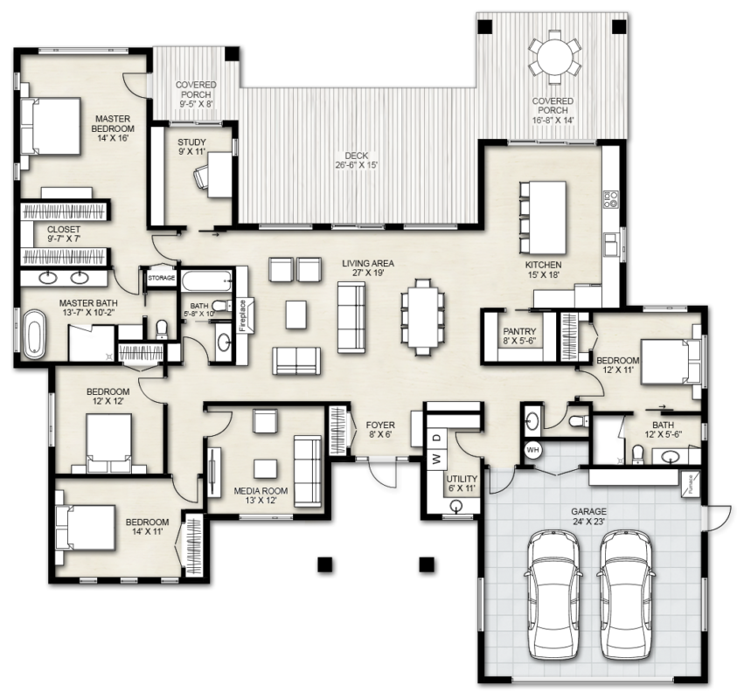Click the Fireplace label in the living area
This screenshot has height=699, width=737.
coord(243,315)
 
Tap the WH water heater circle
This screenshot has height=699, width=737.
coord(532,450)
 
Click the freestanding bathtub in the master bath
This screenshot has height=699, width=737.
coord(34,334)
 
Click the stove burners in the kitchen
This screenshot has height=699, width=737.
coord(611,199)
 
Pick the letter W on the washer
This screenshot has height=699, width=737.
coord(437,459)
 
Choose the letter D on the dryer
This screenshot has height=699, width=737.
coord(437,438)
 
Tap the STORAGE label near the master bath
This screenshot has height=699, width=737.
coord(161,278)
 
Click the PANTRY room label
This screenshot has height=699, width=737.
coord(519,331)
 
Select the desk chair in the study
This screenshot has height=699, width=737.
coord(202,176)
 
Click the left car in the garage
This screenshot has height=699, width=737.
coord(553,594)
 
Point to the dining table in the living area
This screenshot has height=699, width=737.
coord(421,316)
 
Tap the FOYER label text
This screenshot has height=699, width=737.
coord(380,426)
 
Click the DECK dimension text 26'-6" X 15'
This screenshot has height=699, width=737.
coord(357,165)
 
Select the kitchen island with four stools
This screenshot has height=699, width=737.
coord(542,217)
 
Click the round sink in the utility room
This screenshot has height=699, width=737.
coord(455,505)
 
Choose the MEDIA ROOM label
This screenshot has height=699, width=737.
coord(261,491)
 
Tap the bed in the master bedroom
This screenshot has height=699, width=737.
coord(52,126)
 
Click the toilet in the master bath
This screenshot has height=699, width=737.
coord(161,329)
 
